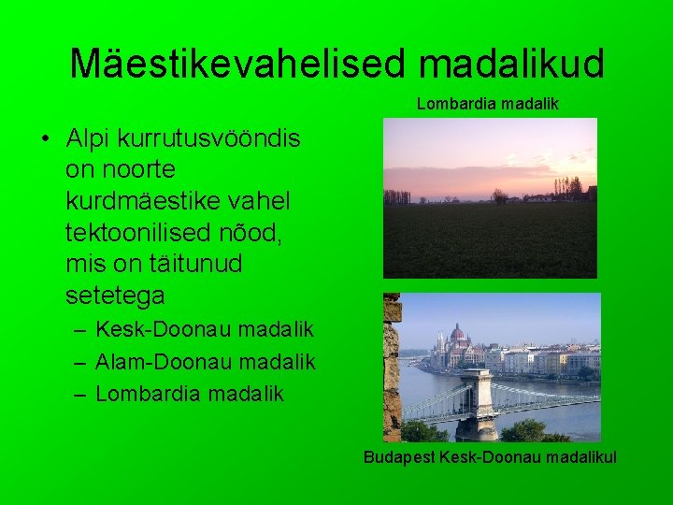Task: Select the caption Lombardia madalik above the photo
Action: point(487,104)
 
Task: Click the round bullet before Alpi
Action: point(45,138)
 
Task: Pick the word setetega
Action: point(115,296)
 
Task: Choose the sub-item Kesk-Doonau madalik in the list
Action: point(205,330)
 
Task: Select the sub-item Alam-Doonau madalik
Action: point(206,361)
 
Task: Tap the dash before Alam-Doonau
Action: point(79,361)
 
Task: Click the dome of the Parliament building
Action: point(458,333)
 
